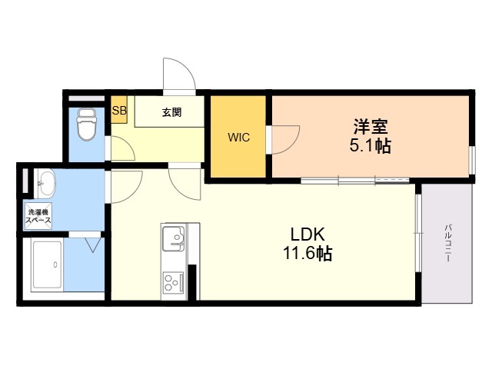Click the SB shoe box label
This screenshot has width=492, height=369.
click(x=119, y=110)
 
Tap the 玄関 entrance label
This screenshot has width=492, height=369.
click(x=171, y=112)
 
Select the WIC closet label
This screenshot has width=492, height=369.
click(x=239, y=138)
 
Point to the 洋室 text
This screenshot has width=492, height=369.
click(x=371, y=126)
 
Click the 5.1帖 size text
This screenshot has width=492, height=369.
click(x=371, y=145)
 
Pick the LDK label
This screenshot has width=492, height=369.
click(x=307, y=234)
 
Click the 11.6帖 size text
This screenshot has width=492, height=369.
click(x=307, y=253)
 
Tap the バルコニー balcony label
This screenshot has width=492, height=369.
click(x=447, y=243)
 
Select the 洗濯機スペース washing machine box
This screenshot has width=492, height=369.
click(x=38, y=216)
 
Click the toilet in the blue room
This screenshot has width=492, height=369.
click(x=86, y=125)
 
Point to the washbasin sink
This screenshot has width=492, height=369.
click(x=46, y=183)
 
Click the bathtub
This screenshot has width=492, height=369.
click(x=48, y=264)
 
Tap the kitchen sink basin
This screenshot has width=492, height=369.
click(x=173, y=238)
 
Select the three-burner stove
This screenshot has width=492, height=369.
click(x=173, y=283)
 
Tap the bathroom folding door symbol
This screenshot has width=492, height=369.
click(x=93, y=244)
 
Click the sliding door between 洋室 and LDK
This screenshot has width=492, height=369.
click(x=355, y=181)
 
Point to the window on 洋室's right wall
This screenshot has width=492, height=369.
click(x=472, y=160)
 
